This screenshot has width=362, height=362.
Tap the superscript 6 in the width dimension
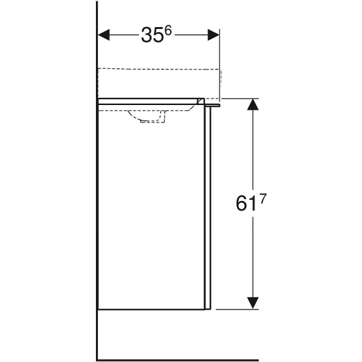pos(168,31)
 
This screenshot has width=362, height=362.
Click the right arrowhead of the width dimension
pos(214,35)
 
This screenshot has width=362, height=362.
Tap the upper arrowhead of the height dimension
pos(254,105)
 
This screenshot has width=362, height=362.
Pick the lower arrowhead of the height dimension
pos(254,302)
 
